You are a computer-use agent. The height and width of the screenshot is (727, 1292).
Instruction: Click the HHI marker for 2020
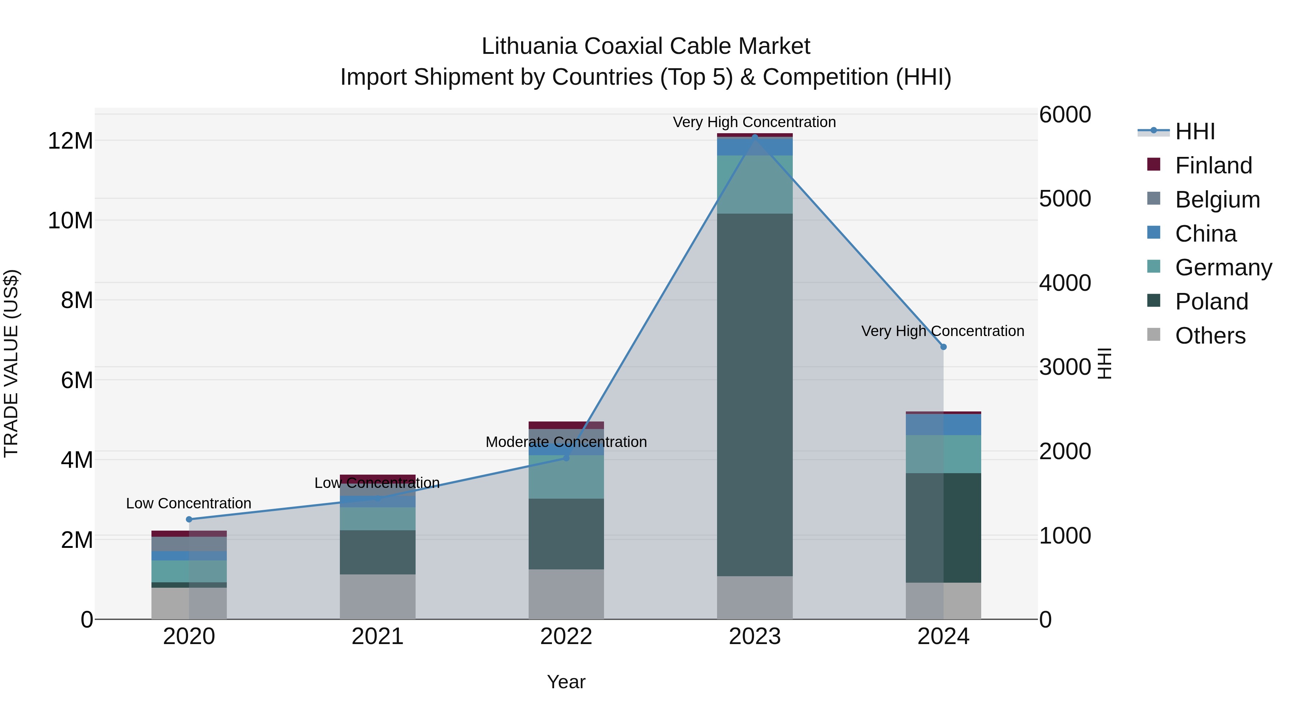click(189, 519)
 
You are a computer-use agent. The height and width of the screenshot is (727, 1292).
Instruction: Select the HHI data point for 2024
click(944, 347)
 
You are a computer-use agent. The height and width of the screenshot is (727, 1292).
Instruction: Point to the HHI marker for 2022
click(566, 458)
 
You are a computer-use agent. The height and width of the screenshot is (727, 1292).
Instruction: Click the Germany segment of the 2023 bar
click(755, 184)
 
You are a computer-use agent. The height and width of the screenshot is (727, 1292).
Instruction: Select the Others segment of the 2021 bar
click(378, 597)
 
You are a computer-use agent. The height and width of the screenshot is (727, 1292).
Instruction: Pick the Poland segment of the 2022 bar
click(566, 534)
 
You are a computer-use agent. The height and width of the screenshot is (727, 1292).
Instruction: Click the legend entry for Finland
click(1213, 166)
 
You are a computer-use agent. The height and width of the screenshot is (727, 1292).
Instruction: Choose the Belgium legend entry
click(1217, 200)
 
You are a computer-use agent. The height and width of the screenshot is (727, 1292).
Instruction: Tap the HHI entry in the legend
click(1195, 131)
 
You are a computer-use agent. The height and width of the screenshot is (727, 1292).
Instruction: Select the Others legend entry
click(1210, 336)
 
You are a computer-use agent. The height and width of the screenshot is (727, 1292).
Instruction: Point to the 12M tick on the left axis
click(70, 141)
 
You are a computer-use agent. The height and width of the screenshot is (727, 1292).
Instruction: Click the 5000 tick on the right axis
click(1064, 199)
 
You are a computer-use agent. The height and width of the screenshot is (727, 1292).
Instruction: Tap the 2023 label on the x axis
click(755, 637)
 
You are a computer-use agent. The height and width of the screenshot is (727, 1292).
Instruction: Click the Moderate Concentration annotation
click(566, 442)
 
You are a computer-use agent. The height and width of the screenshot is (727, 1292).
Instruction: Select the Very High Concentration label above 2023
click(754, 122)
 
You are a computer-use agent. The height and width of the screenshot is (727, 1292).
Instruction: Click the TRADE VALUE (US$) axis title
click(11, 363)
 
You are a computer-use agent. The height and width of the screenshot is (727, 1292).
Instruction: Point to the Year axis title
click(566, 682)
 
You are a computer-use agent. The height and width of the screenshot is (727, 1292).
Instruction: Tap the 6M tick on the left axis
click(77, 380)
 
